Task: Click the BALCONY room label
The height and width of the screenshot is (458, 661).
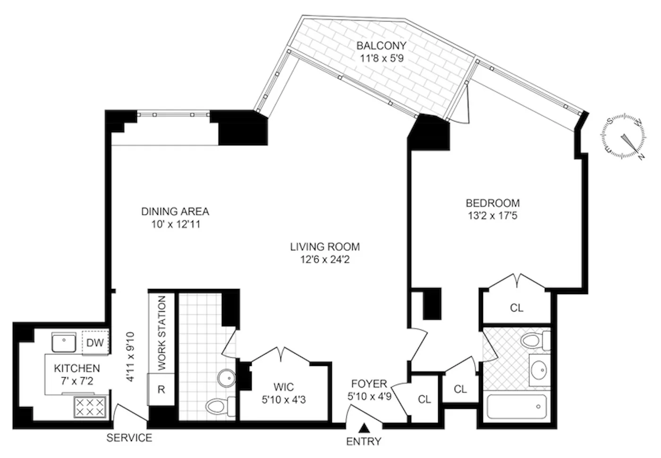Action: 381,46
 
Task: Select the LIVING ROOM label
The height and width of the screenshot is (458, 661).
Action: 325,246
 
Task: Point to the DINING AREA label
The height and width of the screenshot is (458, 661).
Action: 175,212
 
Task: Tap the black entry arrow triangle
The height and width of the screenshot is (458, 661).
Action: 364,428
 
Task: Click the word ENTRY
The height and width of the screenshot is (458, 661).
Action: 364,442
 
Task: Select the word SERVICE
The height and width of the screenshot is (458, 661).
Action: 129,438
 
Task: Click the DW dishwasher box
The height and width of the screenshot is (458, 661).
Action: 95,343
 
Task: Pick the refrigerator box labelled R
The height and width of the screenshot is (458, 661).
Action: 161,390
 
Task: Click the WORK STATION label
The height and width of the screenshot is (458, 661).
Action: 162,333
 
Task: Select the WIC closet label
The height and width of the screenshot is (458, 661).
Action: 283,388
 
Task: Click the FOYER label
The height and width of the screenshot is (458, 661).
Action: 369,384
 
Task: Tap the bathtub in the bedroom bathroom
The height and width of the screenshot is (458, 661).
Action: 517,406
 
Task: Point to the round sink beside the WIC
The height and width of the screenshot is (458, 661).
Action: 227,378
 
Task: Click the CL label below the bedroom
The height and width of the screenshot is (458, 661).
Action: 517,308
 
